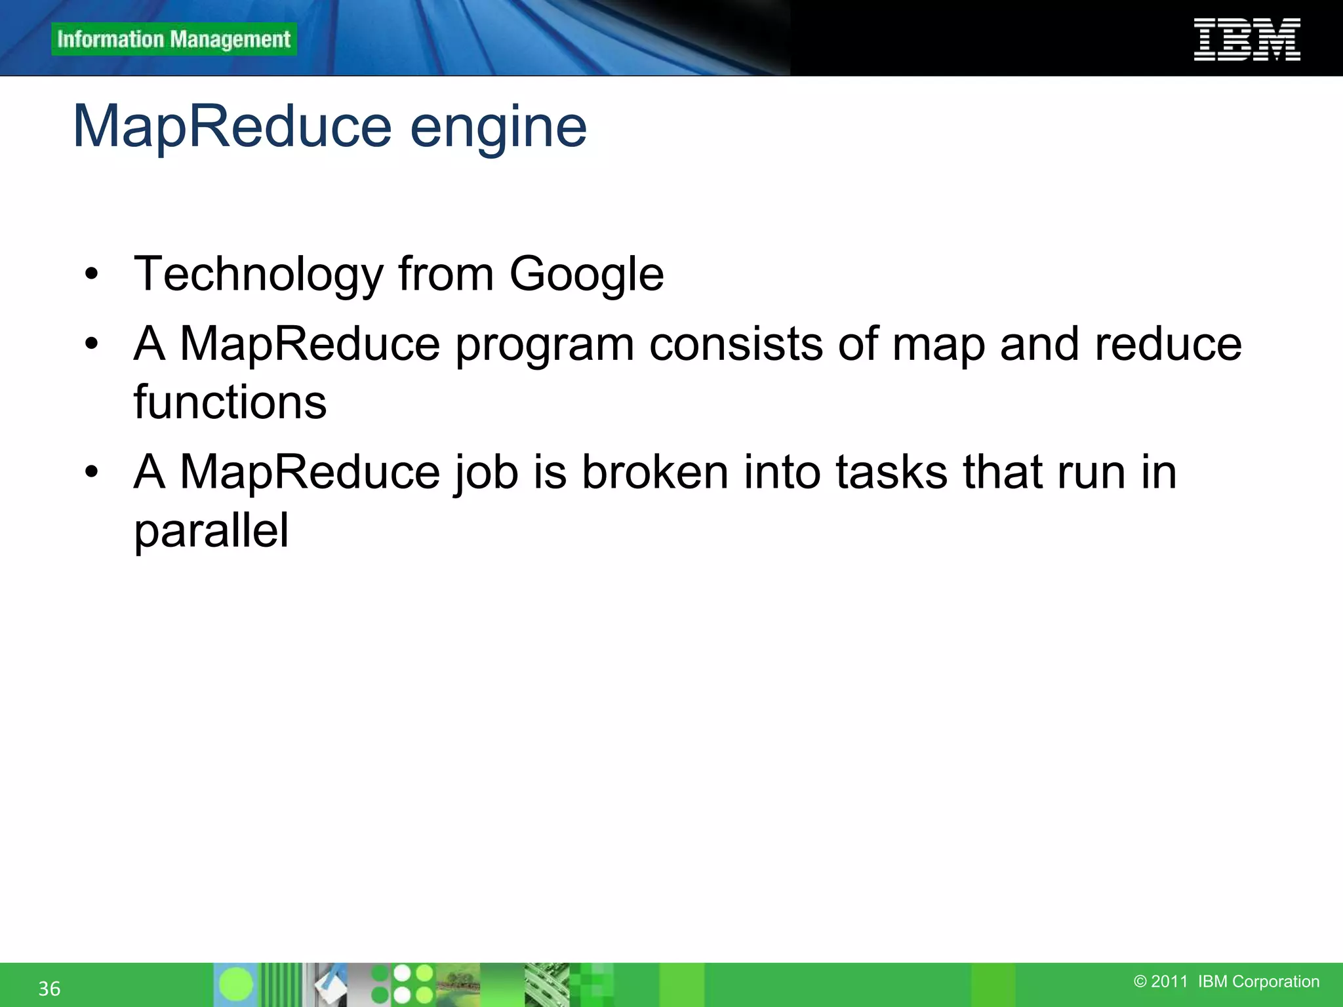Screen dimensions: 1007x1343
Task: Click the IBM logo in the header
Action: [1247, 40]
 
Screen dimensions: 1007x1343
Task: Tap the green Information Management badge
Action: [174, 39]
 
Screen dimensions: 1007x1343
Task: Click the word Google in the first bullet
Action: [586, 274]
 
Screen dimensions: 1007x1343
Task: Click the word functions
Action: [230, 402]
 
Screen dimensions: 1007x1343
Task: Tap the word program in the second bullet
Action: [544, 345]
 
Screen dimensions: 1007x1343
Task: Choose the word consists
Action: [736, 344]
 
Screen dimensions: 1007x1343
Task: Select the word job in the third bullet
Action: [485, 473]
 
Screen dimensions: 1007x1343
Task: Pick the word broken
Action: [655, 471]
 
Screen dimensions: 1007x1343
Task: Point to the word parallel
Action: [211, 530]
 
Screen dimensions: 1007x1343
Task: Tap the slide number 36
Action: [49, 989]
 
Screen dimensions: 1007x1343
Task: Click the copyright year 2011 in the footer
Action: [1169, 981]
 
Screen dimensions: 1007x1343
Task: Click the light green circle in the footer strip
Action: [235, 984]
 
